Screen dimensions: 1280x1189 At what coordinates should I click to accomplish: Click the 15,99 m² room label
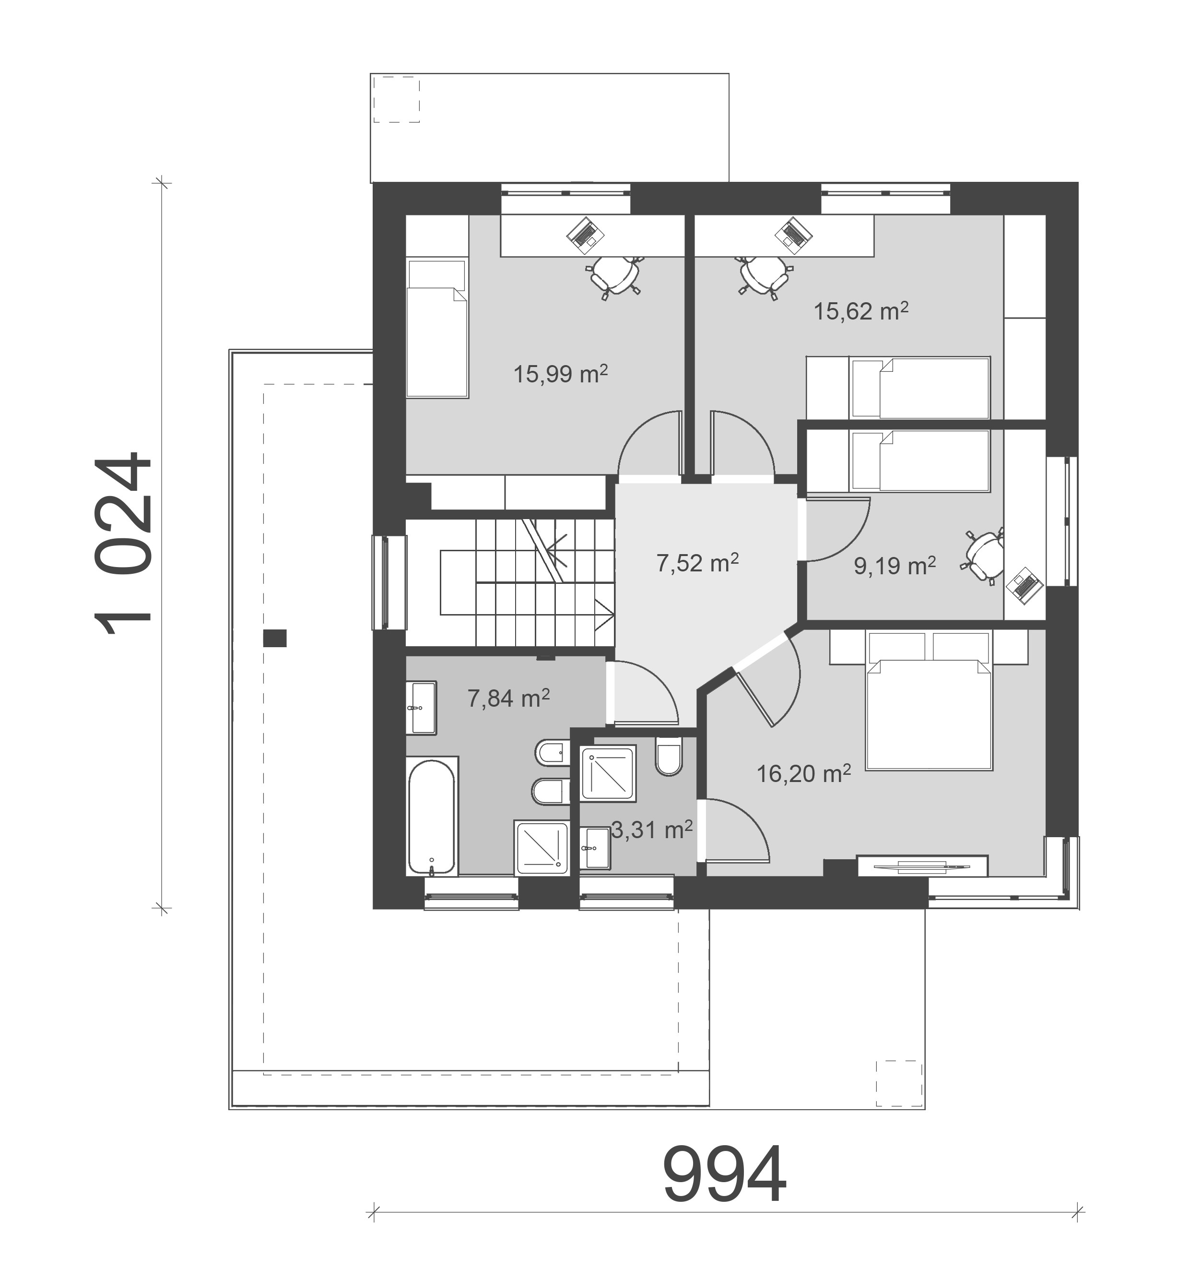560,374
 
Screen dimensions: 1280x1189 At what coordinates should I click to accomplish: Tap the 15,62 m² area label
861,311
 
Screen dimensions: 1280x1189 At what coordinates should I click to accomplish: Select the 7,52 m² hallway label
697,563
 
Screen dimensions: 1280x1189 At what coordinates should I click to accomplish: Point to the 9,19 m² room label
895,566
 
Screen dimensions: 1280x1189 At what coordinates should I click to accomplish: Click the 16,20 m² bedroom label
803,773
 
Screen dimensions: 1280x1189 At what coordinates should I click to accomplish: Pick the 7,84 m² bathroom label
507,698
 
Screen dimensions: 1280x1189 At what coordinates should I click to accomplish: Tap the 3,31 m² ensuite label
651,830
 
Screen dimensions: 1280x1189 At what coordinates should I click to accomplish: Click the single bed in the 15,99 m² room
437,328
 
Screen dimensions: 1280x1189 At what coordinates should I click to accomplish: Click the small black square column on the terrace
275,638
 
